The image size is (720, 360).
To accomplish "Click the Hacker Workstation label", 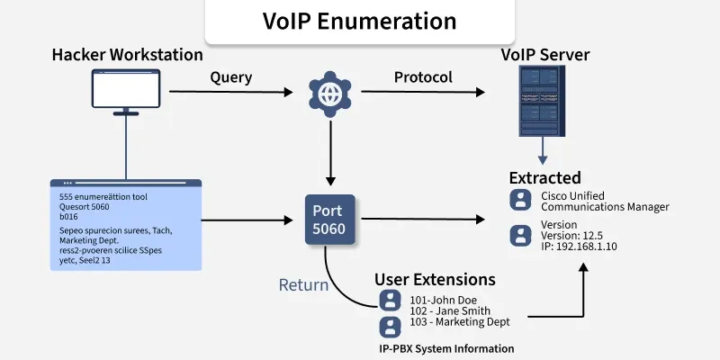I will coord(127,55).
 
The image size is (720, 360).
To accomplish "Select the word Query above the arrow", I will coord(230,77).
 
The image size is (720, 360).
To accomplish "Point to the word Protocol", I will coord(423,77).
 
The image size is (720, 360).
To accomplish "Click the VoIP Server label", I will coord(544,55).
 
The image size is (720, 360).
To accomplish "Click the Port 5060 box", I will coord(328,219).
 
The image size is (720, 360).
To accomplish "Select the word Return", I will coord(303,286).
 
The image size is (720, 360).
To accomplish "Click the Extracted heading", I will coord(544,177).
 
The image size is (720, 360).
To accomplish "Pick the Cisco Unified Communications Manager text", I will coord(604,201).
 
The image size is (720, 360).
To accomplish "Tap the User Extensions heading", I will coord(434,279).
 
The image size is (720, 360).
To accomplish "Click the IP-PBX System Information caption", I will coord(445,348).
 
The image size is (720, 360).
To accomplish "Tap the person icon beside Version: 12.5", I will coord(520,236).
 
